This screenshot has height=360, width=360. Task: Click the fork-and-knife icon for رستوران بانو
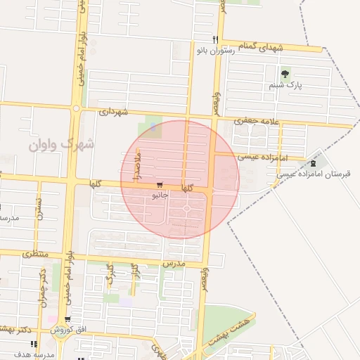[x=216, y=39]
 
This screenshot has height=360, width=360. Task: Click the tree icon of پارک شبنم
[x=285, y=74]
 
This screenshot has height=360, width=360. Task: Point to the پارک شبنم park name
[x=284, y=85]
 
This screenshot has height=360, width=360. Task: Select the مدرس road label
[x=173, y=262]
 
